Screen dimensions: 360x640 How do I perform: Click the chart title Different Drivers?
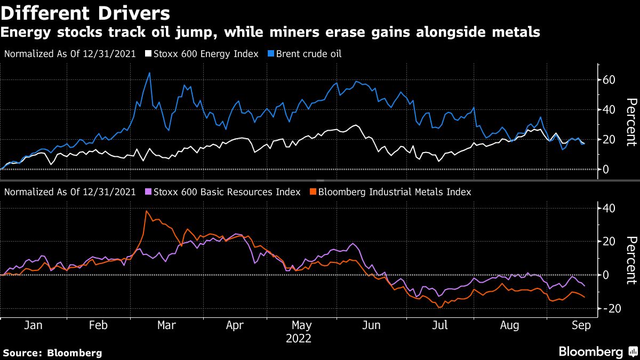[85, 12]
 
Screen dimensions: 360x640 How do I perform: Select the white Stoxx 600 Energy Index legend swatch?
[149, 54]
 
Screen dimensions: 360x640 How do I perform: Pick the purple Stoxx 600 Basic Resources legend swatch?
[149, 192]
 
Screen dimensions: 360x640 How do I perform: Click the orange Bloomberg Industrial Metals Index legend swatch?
[313, 192]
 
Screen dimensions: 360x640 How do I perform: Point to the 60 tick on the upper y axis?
[609, 80]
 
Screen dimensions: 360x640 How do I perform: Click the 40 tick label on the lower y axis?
[609, 208]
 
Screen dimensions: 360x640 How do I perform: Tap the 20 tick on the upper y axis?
[609, 140]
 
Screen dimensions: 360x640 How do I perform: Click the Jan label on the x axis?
[33, 326]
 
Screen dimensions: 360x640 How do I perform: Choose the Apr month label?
[235, 326]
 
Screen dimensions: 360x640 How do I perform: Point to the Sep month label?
[581, 326]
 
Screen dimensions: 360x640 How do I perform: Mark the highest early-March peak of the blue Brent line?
[149, 73]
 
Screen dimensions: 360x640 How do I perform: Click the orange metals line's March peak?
[146, 211]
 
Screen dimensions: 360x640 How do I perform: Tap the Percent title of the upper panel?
[631, 122]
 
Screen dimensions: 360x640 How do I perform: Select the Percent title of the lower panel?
[631, 260]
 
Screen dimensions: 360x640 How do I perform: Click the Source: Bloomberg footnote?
[52, 353]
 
